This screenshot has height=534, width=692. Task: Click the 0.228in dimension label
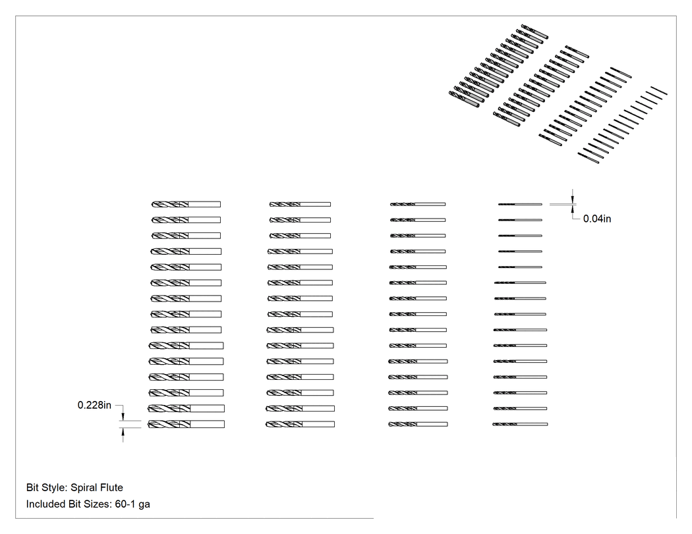click(x=94, y=405)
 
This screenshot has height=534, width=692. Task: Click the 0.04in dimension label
click(x=597, y=219)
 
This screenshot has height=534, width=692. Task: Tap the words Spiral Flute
click(x=97, y=488)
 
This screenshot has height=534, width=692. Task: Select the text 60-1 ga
click(x=132, y=504)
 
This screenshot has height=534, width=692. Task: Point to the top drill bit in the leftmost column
click(x=186, y=204)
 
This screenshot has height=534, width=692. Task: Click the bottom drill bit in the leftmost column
click(x=186, y=424)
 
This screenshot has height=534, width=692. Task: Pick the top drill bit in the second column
click(x=300, y=204)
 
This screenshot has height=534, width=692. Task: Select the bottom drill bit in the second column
click(x=300, y=424)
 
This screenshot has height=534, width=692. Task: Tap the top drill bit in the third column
click(x=417, y=204)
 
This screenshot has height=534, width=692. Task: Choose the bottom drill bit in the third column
click(x=417, y=424)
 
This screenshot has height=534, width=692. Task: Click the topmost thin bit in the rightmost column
click(x=520, y=204)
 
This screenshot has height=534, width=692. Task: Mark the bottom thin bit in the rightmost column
click(x=520, y=424)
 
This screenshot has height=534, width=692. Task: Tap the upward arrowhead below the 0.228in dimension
click(x=123, y=432)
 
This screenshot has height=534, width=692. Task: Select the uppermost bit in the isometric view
click(x=534, y=32)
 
